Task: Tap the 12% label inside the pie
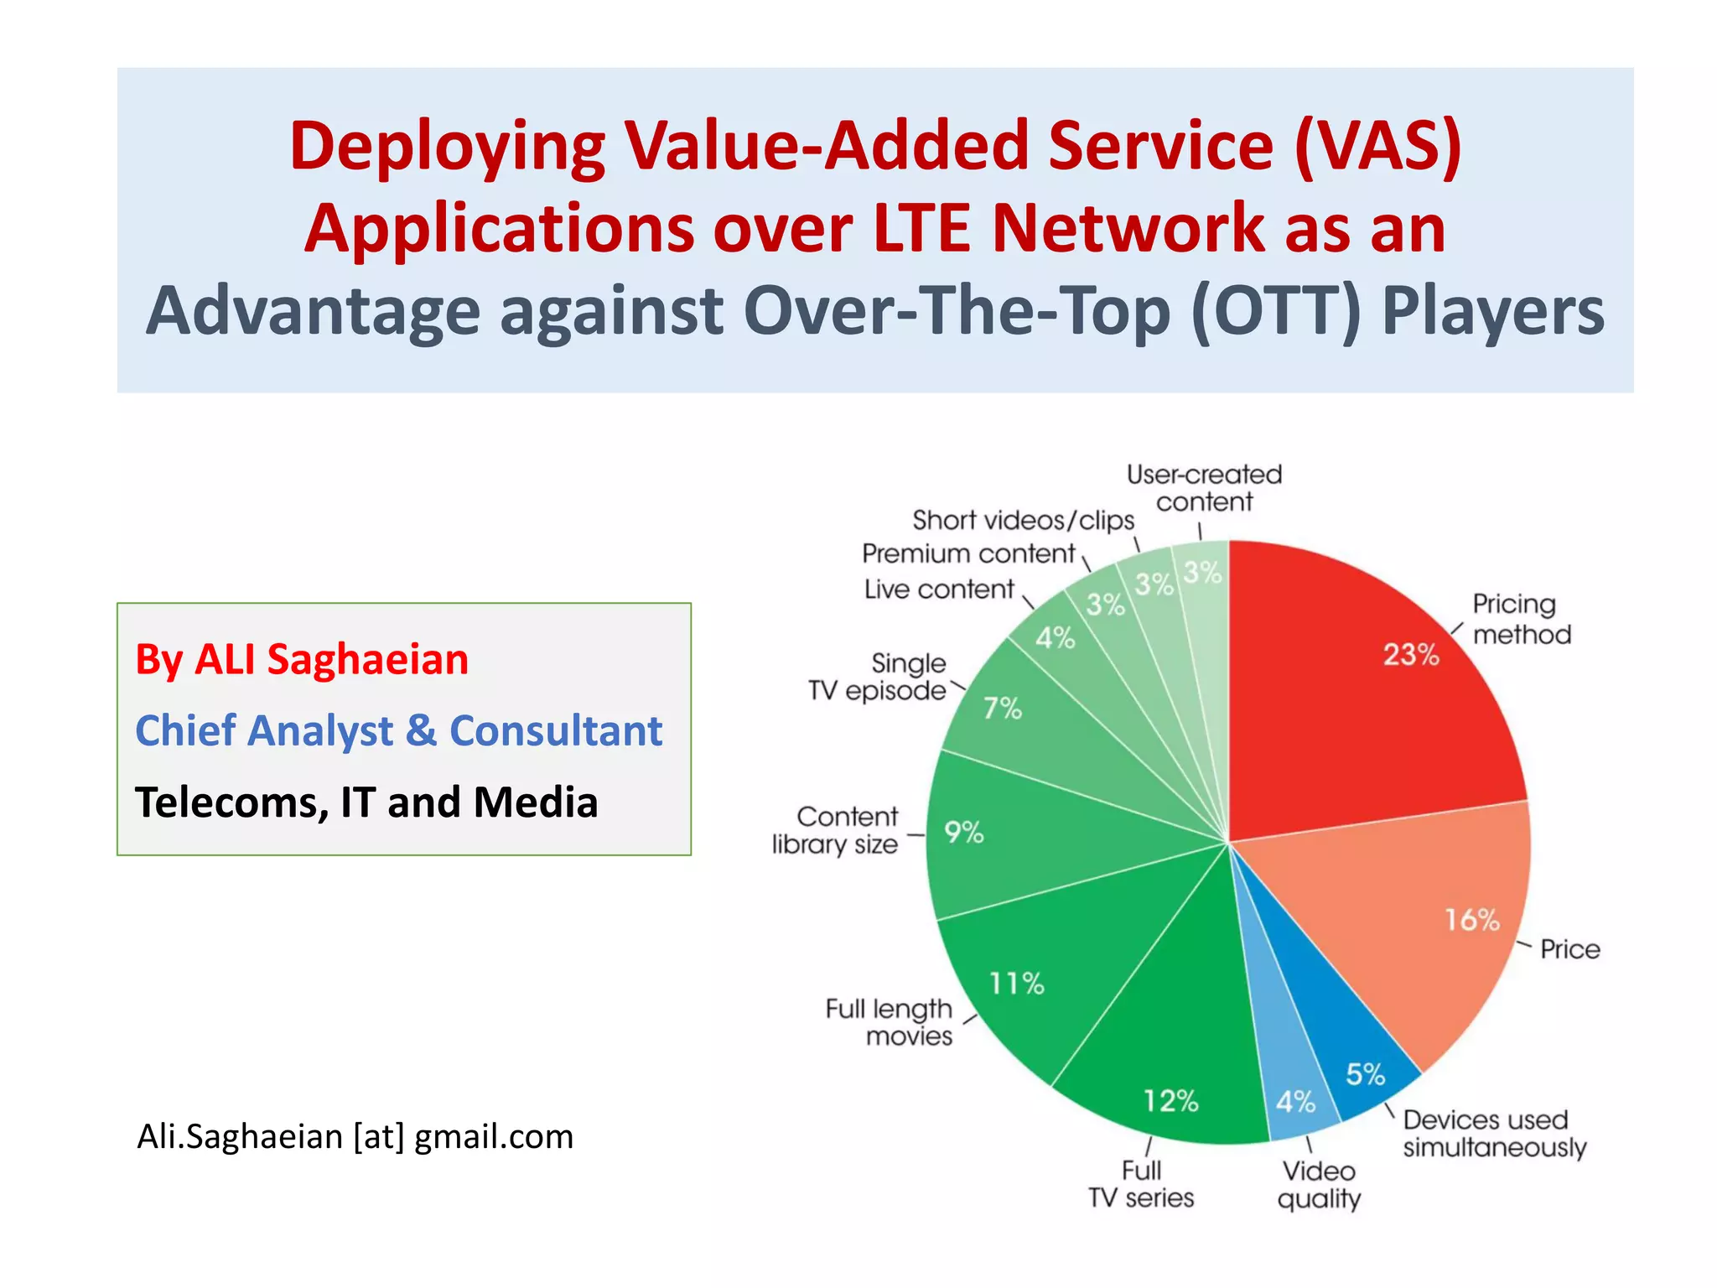coord(1171,1100)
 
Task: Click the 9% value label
coord(963,833)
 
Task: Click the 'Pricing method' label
coord(1521,619)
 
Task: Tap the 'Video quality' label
coord(1319,1184)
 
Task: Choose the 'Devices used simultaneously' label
coord(1494,1133)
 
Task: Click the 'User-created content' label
coord(1204,488)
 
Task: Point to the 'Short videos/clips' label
coord(1023,520)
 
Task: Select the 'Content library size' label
coord(835,830)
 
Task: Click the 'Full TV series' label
coord(1141,1183)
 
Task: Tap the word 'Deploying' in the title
coord(447,147)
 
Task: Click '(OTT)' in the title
coord(1276,311)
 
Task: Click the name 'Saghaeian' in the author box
coord(367,659)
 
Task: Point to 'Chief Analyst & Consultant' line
coord(398,730)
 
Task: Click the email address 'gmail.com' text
coord(494,1137)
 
